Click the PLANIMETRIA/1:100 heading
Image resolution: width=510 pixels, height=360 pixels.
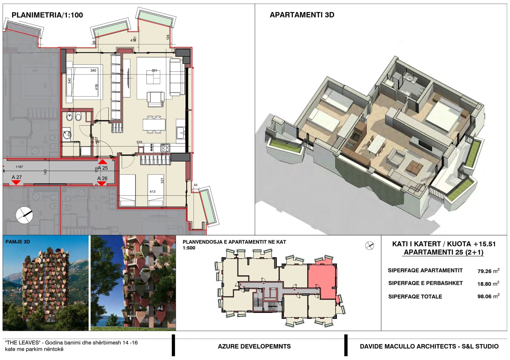[47, 15]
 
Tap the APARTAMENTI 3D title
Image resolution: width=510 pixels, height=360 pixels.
[302, 15]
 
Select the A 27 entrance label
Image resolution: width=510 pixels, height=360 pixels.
[17, 177]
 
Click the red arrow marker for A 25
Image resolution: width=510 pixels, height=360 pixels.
[103, 162]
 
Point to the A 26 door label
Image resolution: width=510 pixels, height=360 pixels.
[102, 178]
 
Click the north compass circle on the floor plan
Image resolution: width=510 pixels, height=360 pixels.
[24, 215]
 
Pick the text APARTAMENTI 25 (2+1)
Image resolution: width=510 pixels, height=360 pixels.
[444, 252]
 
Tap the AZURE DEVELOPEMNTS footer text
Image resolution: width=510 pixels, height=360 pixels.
[254, 346]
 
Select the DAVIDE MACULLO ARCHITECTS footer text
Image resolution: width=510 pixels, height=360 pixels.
[429, 346]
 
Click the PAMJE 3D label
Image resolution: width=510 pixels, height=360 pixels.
[18, 242]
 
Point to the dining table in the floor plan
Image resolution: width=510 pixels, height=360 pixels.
[154, 124]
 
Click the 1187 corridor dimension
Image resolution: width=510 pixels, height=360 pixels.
[19, 167]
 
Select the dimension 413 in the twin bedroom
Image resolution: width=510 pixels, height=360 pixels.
[152, 191]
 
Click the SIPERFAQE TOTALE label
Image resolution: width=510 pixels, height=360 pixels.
[415, 297]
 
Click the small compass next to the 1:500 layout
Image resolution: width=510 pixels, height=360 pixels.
[369, 246]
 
